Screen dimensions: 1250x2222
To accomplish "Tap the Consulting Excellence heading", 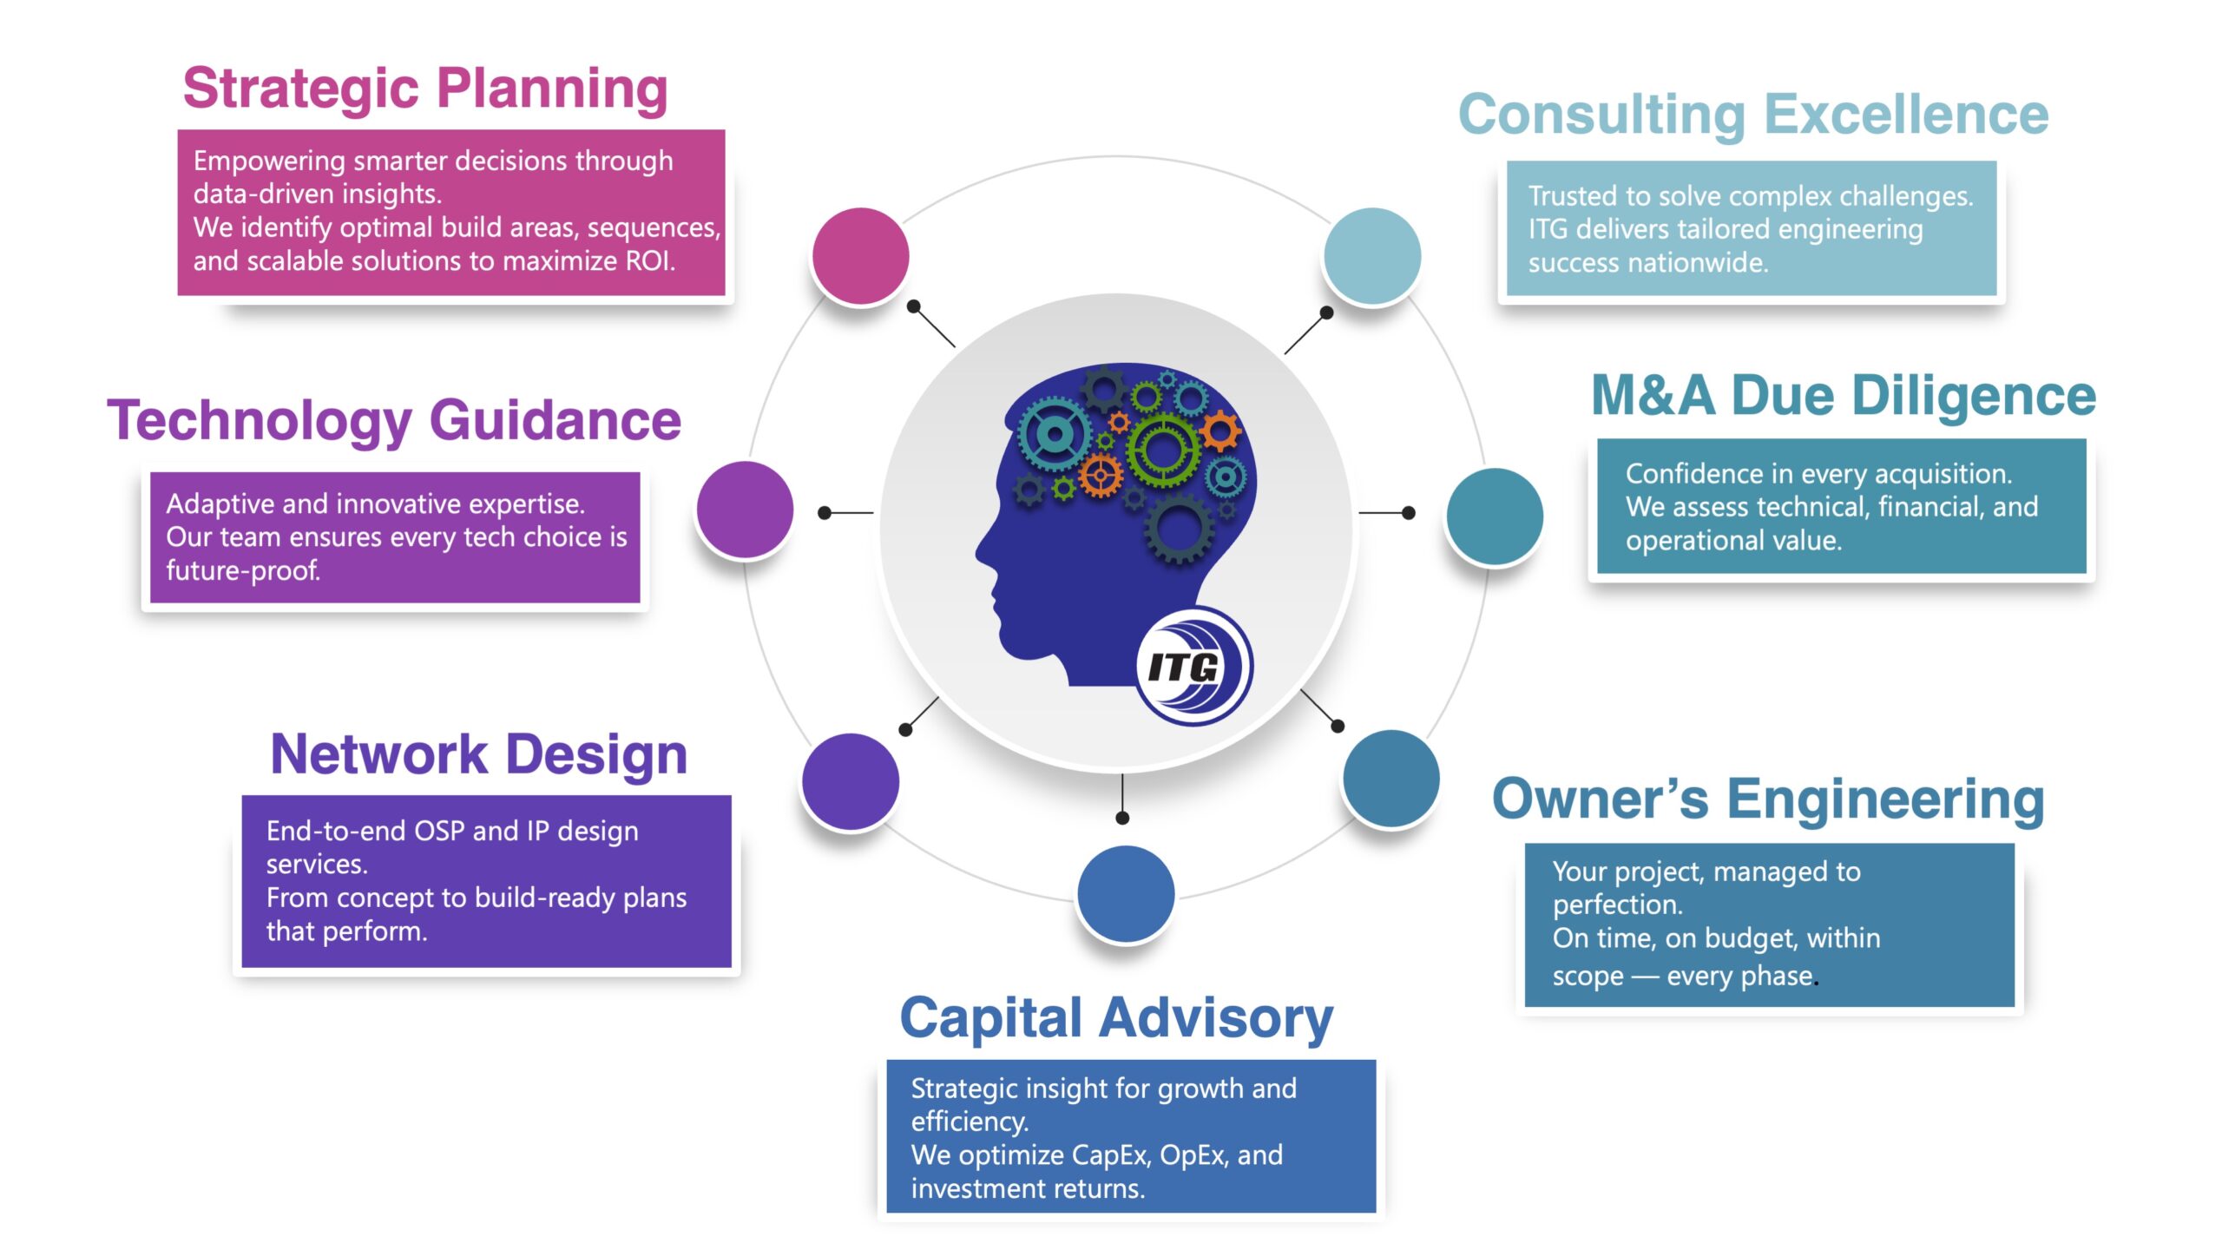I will point(1753,115).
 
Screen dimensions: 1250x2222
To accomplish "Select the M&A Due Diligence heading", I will point(1844,396).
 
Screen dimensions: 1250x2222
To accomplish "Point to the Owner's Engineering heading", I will point(1768,799).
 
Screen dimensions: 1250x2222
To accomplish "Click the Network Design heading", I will point(479,753).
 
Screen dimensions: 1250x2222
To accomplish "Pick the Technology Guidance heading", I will point(394,420).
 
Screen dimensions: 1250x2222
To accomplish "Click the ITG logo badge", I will point(1194,667).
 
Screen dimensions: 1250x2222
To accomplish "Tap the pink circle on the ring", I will point(860,256).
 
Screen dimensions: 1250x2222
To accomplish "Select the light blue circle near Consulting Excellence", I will point(1372,256).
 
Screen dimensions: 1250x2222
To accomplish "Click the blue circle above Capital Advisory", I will point(1126,894).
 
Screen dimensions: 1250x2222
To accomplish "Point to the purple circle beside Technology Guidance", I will point(745,510).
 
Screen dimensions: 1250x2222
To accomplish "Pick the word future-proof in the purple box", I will point(243,571).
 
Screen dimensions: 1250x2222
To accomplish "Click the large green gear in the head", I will point(1163,449).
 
